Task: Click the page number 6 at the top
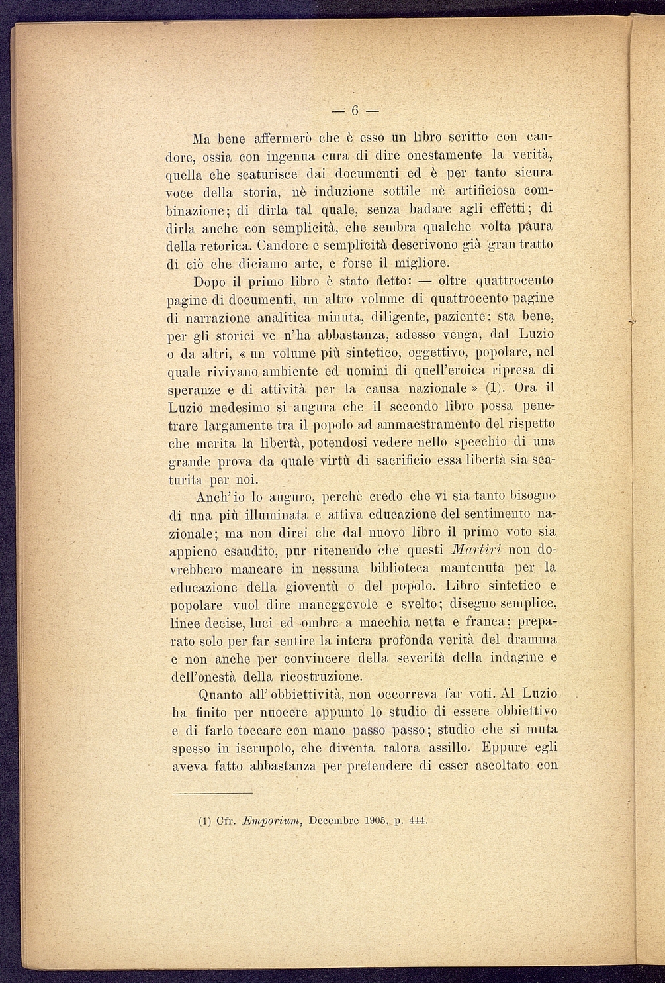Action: tap(355, 110)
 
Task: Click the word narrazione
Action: tap(216, 317)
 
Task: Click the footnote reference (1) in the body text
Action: tap(497, 389)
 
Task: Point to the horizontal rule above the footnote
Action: tap(212, 793)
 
